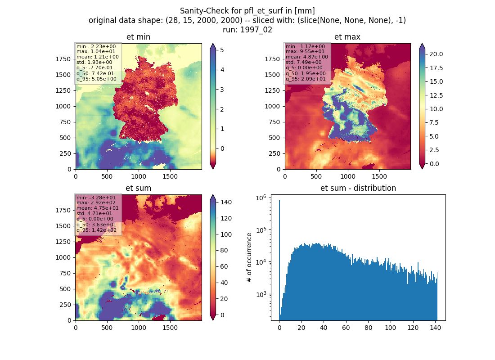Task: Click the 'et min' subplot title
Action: [x=138, y=37]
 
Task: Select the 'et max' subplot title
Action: [x=347, y=37]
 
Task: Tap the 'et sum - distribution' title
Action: [x=358, y=188]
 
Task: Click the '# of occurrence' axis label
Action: [x=249, y=257]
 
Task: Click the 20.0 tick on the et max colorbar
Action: [x=436, y=54]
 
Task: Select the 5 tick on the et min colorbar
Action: [x=222, y=50]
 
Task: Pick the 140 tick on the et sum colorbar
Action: [x=226, y=202]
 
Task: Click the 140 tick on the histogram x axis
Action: [x=435, y=328]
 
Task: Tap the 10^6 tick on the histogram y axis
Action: [x=261, y=198]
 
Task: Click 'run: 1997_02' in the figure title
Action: [x=247, y=30]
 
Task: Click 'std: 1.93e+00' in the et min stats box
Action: [x=94, y=62]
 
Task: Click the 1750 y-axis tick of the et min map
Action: [x=63, y=59]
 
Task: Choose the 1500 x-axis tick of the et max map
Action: [x=379, y=176]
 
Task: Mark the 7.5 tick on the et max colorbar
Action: [x=434, y=122]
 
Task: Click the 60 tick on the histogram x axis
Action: [x=346, y=328]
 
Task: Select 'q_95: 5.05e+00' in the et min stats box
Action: [x=96, y=79]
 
